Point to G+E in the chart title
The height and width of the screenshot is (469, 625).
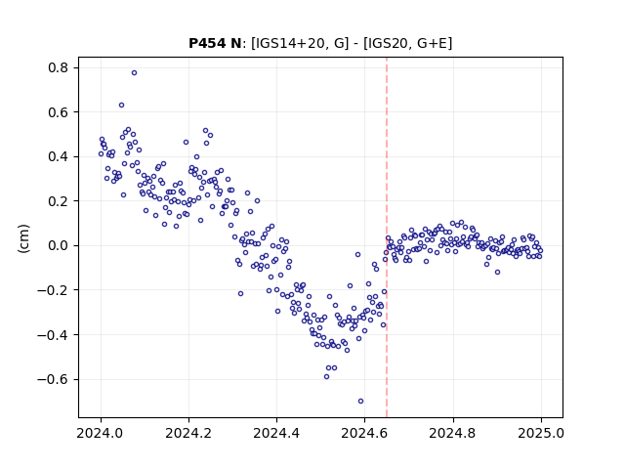pos(432,43)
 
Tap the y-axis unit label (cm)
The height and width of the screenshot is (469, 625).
pos(23,238)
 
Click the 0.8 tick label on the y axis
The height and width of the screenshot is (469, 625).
pos(59,67)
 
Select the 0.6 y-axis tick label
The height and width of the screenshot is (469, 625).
pos(59,112)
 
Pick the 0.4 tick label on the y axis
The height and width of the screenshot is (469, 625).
pos(59,156)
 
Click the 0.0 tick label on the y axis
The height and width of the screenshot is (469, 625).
pos(59,245)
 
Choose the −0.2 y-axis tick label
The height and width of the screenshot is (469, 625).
pos(53,290)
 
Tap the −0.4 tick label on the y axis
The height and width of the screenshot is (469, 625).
pos(53,334)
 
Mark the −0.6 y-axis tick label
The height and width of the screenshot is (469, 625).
pos(53,379)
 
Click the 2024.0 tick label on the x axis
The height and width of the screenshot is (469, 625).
pos(101,433)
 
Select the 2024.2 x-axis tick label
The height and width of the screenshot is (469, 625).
pos(188,433)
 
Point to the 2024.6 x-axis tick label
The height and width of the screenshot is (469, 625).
pos(364,433)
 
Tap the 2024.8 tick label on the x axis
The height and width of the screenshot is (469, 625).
pos(453,433)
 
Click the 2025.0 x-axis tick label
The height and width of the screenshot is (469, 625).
pos(541,433)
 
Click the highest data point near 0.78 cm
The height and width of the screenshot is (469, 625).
pos(135,72)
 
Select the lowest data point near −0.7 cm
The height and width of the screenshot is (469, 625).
pos(360,402)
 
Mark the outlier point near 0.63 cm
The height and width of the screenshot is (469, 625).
pos(121,105)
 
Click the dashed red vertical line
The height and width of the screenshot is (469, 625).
pos(387,237)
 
